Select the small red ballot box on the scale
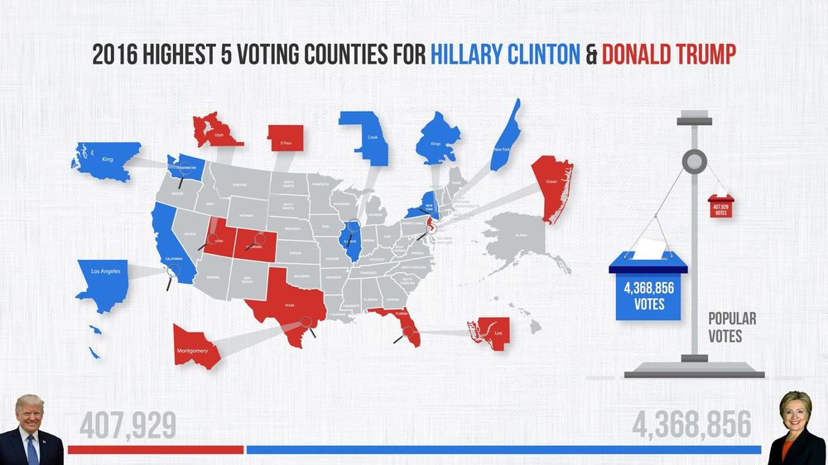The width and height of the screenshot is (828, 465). [719, 205]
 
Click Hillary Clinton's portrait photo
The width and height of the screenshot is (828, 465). [797, 428]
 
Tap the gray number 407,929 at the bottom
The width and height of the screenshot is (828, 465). [128, 425]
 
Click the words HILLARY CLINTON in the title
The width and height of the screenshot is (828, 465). [504, 55]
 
